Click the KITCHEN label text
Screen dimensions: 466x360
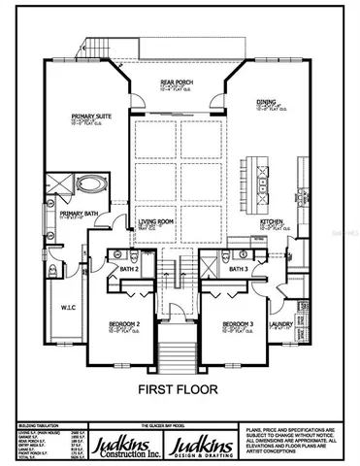pos(271,221)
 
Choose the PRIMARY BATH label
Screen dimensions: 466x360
pos(76,214)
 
